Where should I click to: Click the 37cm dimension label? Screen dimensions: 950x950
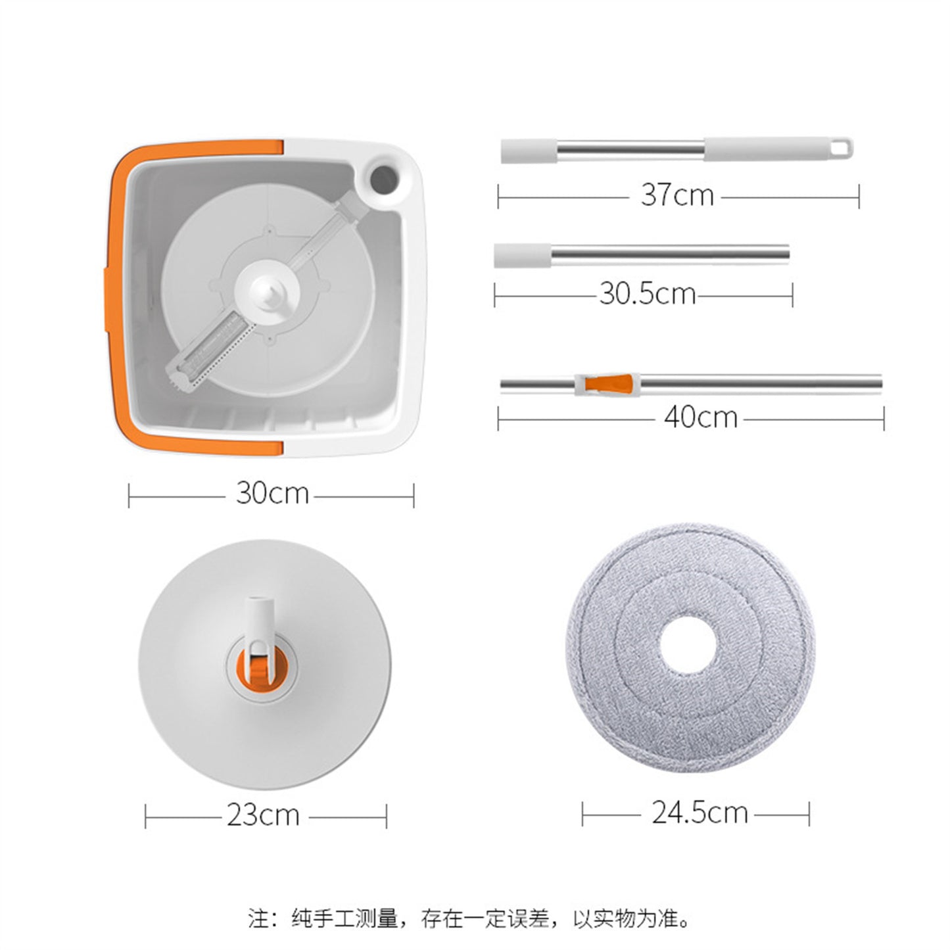[677, 195]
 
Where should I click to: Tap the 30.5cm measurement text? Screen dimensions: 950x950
[647, 294]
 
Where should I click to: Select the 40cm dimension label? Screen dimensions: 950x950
[700, 417]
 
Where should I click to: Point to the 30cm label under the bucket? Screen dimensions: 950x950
[272, 493]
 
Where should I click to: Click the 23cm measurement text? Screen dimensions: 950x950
[263, 815]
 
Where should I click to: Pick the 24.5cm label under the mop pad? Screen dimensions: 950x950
[700, 813]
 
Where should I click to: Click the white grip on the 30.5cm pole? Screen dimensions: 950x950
[523, 255]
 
